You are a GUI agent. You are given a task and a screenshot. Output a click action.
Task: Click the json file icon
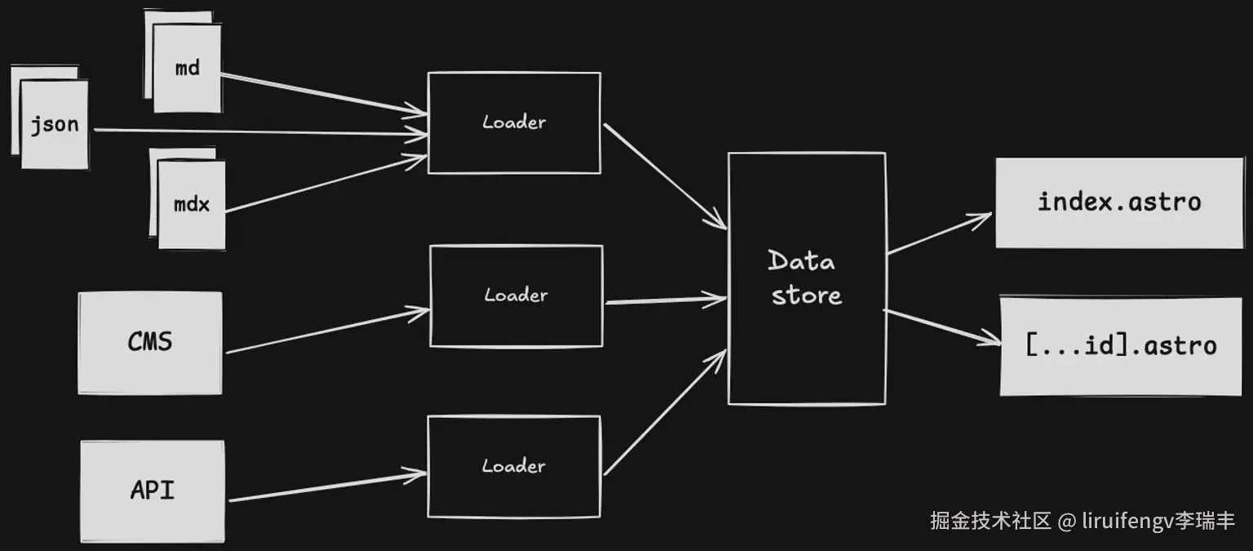point(54,124)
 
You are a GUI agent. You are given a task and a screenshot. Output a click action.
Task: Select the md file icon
point(187,68)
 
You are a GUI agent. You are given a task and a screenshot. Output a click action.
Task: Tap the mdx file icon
point(191,204)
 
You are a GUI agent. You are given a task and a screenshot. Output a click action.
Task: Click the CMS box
point(150,342)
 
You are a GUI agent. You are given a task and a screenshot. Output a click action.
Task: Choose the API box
point(153,491)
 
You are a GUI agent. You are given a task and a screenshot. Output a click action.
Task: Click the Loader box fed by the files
point(514,122)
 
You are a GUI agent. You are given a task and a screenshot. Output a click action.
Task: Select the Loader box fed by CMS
point(516,295)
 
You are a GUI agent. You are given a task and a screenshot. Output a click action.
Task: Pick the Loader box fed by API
point(514,467)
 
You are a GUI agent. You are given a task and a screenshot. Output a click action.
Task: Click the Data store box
point(806,278)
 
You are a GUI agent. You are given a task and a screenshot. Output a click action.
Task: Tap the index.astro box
point(1118,202)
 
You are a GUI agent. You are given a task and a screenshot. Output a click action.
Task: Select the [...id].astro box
point(1121,345)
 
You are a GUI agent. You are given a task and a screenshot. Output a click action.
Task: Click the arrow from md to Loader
point(318,94)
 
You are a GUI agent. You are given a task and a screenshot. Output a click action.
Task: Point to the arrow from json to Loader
point(261,131)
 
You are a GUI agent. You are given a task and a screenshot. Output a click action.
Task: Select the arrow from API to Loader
point(326,487)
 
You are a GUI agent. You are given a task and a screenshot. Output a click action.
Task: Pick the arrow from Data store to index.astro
point(938,233)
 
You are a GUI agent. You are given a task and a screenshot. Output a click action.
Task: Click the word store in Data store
point(806,295)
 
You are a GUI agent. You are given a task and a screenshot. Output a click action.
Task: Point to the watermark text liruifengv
point(1127,521)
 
